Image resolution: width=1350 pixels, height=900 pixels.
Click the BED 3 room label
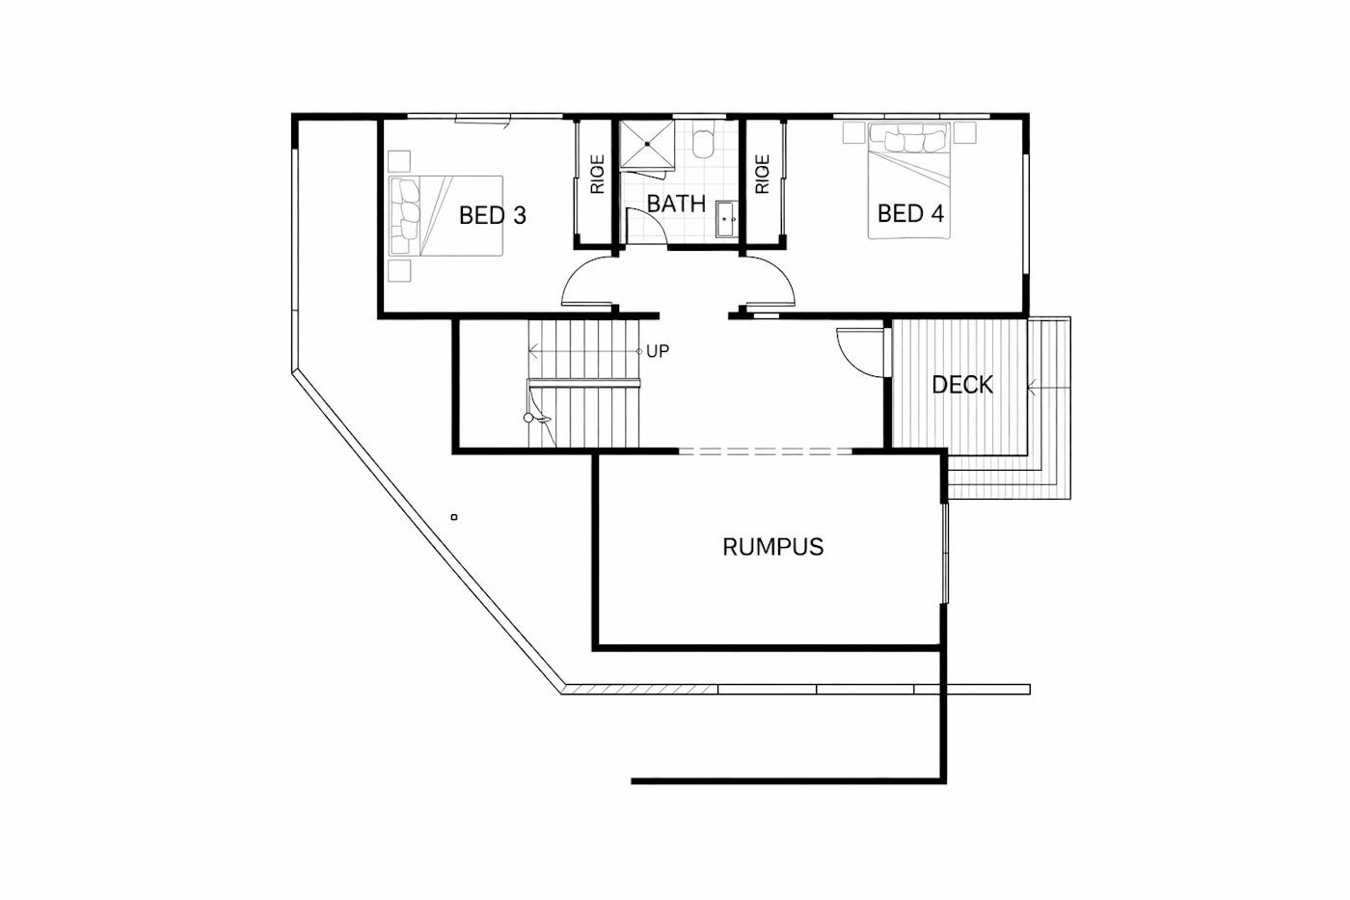click(x=493, y=215)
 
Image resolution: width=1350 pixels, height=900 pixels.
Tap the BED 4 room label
click(x=910, y=213)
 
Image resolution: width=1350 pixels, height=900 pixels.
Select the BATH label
click(x=676, y=204)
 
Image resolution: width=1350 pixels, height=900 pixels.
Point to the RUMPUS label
click(x=772, y=547)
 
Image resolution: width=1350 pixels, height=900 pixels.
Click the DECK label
click(x=962, y=385)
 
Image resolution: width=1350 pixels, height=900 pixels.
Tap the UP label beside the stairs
click(x=658, y=351)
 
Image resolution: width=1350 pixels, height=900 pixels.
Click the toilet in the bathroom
click(x=703, y=140)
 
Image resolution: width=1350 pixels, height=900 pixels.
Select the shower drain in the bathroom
click(x=647, y=144)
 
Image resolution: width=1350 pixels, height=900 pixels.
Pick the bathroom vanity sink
click(x=726, y=219)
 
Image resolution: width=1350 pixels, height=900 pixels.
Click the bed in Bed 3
click(x=445, y=216)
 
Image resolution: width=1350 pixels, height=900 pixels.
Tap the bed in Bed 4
click(x=908, y=180)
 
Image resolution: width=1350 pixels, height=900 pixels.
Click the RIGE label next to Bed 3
click(x=597, y=175)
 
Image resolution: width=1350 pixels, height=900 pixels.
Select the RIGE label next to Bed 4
click(x=762, y=175)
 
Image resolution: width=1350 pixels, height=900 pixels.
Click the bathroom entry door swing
click(x=656, y=219)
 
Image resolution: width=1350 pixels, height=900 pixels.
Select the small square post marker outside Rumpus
click(x=454, y=517)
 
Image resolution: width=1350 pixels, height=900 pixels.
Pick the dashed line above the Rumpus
click(x=766, y=450)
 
